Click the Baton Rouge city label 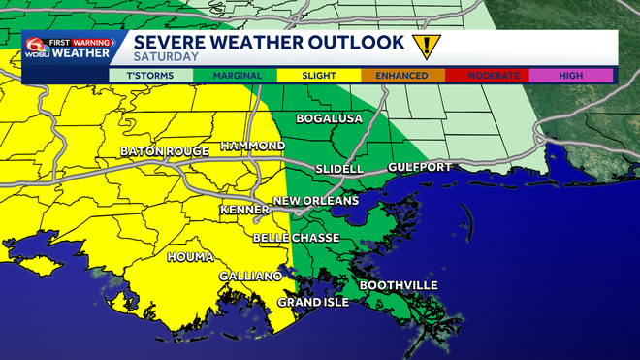click(x=160, y=152)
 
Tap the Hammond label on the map click(x=252, y=146)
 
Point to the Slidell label click(x=339, y=169)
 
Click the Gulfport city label click(x=420, y=168)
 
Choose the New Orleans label click(x=315, y=201)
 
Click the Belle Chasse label click(x=293, y=238)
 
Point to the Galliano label click(x=250, y=277)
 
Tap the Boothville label click(x=399, y=285)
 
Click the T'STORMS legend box click(x=150, y=74)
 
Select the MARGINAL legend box click(x=235, y=74)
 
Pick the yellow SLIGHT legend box click(x=319, y=74)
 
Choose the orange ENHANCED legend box click(x=403, y=74)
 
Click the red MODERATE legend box click(x=487, y=74)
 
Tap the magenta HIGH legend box click(x=570, y=74)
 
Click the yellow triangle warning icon click(x=424, y=47)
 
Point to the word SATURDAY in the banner click(x=167, y=56)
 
